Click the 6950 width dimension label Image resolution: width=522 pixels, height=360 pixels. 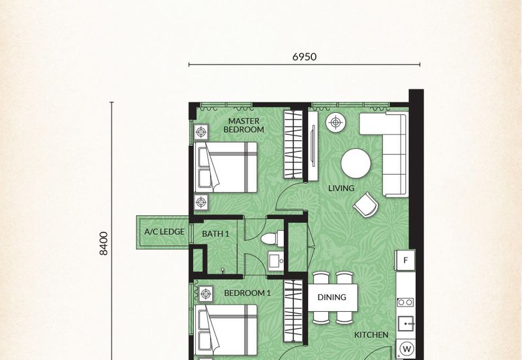pos(304,57)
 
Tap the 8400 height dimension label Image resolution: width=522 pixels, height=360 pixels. pos(104,243)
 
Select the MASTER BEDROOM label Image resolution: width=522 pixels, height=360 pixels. pos(243,125)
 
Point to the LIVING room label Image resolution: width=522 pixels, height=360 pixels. pos(341,188)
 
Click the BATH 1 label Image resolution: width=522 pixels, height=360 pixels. pos(215,234)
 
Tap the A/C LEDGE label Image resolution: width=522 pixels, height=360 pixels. pos(164,232)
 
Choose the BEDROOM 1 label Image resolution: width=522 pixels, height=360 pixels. pos(247,293)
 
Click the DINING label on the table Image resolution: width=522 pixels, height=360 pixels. pos(332,297)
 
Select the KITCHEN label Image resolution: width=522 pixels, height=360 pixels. pos(371,335)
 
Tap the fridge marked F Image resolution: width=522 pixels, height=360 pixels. pos(405,260)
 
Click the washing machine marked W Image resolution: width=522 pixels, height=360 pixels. pos(406,350)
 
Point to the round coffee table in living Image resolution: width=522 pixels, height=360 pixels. pos(356,163)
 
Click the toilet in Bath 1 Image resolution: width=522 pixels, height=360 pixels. pos(272,239)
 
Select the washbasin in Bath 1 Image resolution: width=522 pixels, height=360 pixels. pos(276,260)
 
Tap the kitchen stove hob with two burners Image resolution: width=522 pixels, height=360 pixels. pos(405,302)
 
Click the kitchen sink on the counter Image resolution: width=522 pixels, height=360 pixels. pos(406,323)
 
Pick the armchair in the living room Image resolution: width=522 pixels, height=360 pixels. pos(366,205)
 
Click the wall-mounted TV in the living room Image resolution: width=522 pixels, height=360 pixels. pos(313,146)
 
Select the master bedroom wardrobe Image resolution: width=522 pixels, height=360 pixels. pos(293,144)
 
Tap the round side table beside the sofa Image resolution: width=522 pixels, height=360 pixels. pos(335,123)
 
